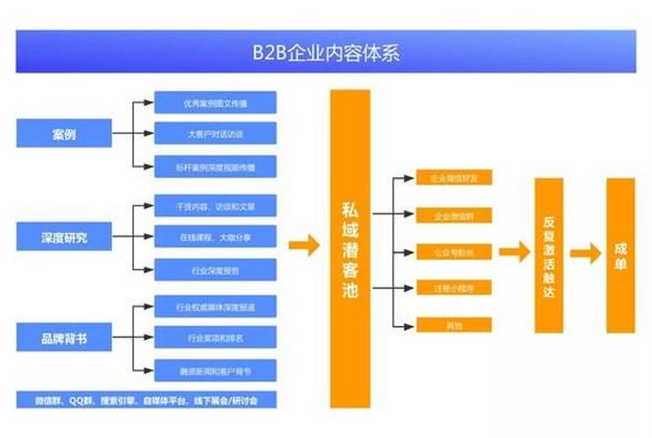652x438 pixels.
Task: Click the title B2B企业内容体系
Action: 326,52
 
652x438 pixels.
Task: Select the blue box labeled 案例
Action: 63,134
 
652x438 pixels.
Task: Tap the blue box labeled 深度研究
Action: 63,237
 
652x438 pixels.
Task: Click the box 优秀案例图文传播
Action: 214,102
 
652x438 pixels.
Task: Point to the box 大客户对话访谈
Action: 214,133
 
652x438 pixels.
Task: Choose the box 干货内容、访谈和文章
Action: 214,205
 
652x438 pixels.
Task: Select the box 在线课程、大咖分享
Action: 214,237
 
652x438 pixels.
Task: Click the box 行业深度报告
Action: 214,269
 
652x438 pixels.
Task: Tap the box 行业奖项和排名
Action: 214,336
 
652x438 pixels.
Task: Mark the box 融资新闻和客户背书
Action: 214,369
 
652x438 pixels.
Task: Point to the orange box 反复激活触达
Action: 549,254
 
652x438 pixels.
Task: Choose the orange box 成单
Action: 620,254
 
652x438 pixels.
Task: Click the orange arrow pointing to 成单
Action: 585,254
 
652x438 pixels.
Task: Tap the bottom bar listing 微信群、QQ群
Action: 145,399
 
